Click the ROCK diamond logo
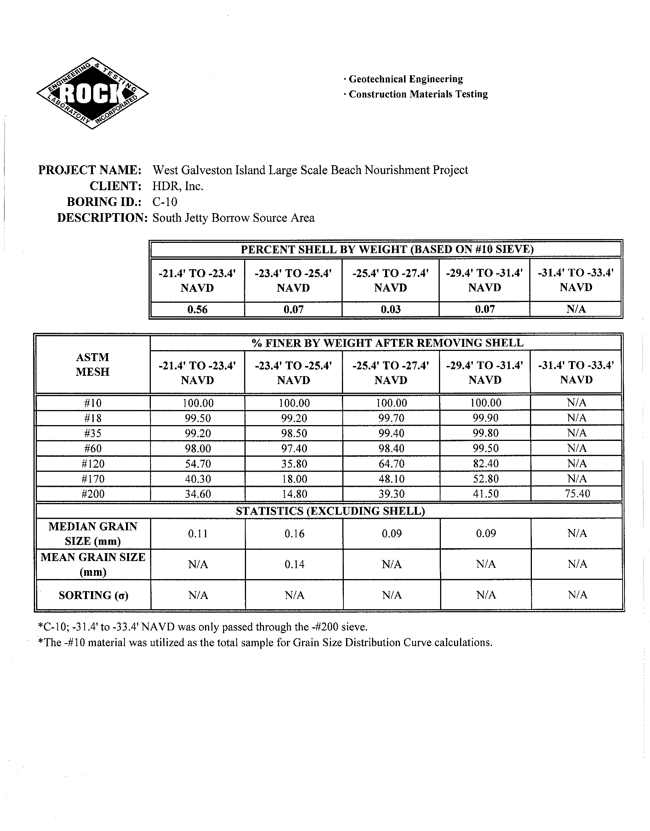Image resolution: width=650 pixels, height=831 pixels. [x=93, y=93]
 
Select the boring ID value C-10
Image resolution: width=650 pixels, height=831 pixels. [x=165, y=202]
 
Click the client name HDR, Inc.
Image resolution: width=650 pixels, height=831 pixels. [x=178, y=186]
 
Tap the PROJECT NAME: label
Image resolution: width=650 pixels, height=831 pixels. [x=90, y=170]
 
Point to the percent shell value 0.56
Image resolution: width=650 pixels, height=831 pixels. [x=197, y=309]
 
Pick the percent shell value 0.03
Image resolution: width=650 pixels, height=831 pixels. [x=391, y=309]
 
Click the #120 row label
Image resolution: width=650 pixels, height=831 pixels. [x=93, y=464]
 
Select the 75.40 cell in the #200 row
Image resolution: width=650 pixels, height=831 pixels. [x=577, y=494]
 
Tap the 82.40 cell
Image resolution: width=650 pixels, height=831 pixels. [x=486, y=464]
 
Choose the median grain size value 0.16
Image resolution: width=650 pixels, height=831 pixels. [x=294, y=534]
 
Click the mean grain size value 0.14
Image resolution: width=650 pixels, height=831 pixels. [x=294, y=564]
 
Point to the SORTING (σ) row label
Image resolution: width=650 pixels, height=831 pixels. [x=93, y=595]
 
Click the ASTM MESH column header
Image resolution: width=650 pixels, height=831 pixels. [x=93, y=364]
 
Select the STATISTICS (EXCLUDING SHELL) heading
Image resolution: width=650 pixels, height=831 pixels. [x=330, y=511]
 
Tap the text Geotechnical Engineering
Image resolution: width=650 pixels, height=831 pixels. [x=405, y=79]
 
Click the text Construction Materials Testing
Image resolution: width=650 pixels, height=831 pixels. [x=418, y=94]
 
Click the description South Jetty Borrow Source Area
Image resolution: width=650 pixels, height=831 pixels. [x=233, y=218]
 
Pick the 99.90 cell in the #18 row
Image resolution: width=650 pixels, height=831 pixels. [x=486, y=418]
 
